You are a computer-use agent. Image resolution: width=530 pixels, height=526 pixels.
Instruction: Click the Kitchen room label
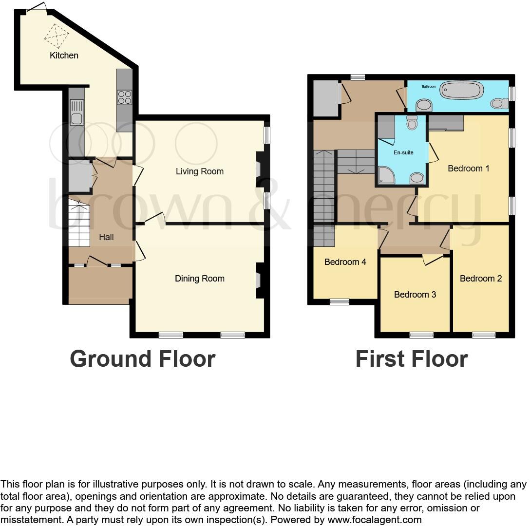tap(64, 56)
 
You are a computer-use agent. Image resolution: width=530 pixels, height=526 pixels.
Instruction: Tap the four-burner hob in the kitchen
tap(124, 97)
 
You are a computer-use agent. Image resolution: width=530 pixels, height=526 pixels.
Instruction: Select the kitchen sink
tap(76, 112)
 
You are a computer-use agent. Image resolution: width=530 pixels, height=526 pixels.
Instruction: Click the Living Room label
tap(199, 171)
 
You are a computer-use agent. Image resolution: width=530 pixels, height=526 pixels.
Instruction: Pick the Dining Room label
tap(199, 279)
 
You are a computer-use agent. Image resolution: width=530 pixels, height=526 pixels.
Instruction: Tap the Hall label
tap(106, 237)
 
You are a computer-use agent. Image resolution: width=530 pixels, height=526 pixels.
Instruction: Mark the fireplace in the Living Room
tap(259, 169)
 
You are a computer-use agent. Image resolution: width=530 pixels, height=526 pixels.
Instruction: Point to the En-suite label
tap(403, 152)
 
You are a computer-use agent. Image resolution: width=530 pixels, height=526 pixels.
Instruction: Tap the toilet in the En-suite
tap(412, 122)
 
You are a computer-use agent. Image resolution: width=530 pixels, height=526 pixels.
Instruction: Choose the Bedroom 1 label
tap(468, 169)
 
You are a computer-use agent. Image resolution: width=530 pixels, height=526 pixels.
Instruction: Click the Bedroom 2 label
tap(480, 279)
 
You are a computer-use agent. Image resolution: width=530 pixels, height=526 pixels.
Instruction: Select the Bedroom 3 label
tap(415, 295)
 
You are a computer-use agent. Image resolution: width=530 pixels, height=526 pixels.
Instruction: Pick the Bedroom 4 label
tap(345, 262)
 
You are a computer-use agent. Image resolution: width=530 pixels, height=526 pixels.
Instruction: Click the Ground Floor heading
tap(142, 359)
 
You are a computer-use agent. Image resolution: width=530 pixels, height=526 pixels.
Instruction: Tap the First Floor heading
tap(411, 359)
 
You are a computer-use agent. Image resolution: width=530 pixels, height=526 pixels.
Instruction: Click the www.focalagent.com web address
tap(374, 520)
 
